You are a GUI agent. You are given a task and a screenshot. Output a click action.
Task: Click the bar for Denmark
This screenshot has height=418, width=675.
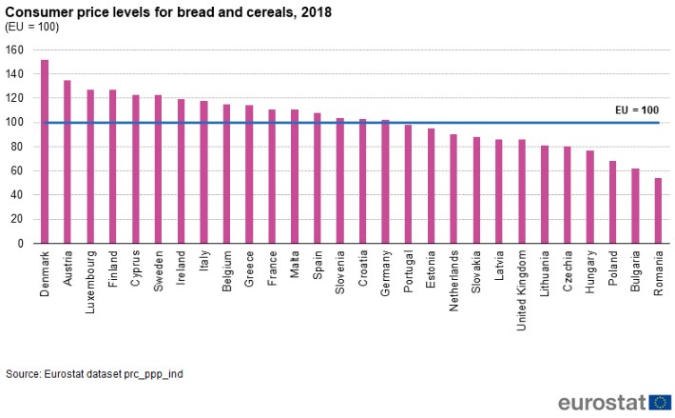45,152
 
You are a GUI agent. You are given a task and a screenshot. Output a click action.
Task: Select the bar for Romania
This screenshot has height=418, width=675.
658,210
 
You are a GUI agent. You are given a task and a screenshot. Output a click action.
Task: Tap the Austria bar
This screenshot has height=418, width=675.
67,162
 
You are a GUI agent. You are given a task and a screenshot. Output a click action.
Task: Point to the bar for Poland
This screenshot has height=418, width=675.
612,202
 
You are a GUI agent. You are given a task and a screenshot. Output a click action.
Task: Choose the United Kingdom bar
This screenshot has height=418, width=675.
522,191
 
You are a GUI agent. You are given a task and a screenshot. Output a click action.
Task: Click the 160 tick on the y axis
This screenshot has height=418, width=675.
14,50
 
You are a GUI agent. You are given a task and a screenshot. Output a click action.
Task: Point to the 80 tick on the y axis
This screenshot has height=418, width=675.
17,147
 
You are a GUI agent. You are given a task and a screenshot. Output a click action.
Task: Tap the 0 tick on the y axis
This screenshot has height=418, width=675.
20,244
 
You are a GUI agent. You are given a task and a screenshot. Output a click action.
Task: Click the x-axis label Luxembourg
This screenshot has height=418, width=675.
90,277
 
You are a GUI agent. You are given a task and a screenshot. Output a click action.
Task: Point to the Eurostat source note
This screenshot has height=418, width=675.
94,374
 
